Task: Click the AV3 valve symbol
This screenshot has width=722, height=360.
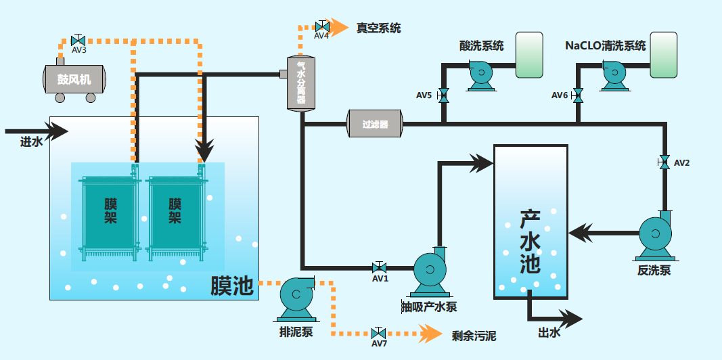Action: pos(78,40)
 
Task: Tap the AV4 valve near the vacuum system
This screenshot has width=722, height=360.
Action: pos(321,27)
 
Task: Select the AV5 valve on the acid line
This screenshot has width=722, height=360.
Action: pos(443,95)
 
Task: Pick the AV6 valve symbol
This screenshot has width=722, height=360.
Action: pos(578,95)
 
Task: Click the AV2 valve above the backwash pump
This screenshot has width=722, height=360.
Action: pos(664,162)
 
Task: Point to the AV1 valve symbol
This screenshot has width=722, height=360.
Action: pos(380,268)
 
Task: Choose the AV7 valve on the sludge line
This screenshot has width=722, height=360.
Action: pos(379,334)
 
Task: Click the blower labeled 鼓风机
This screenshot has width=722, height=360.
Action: pos(74,80)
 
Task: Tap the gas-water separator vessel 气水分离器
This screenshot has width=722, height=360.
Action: pos(301,83)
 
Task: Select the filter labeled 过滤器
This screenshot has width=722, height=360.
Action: pos(375,124)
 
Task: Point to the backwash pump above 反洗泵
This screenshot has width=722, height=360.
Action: pos(656,235)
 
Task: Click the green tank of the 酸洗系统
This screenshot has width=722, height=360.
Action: pos(529,55)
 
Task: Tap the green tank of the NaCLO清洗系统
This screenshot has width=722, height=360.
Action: pos(664,55)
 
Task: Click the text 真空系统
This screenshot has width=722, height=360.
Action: pos(379,28)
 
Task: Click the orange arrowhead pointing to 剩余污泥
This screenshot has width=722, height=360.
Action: pos(430,333)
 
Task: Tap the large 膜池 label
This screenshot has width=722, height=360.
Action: pos(231,286)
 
